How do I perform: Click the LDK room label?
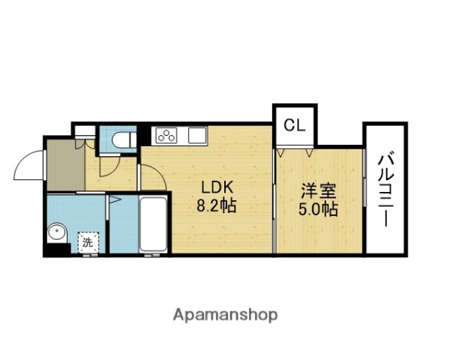[x=216, y=187]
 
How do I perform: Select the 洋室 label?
[x=315, y=191]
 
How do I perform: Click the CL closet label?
[x=295, y=125]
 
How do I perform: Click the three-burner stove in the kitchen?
[x=166, y=136]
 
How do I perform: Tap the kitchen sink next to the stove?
[x=196, y=136]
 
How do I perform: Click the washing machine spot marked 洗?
[x=88, y=241]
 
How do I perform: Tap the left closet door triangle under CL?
[x=280, y=152]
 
